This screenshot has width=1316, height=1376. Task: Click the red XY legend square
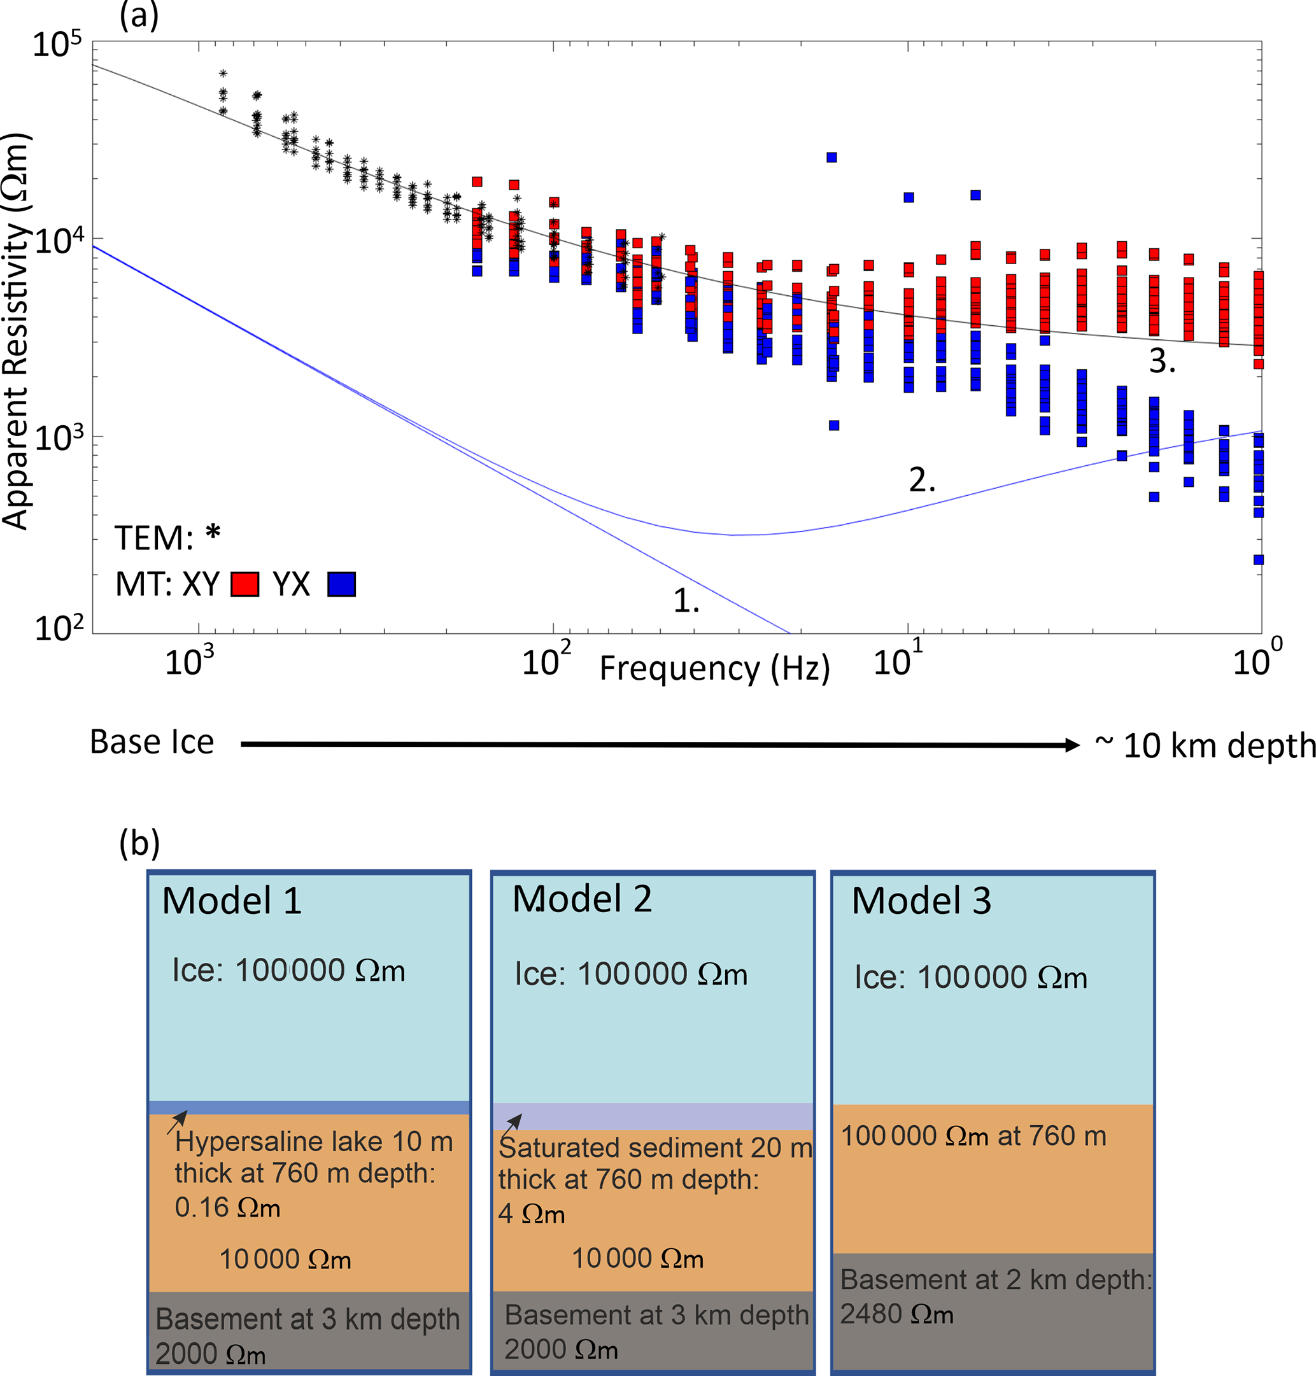click(245, 584)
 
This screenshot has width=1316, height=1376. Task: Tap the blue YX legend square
click(342, 584)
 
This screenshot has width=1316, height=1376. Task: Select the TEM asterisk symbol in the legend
click(213, 535)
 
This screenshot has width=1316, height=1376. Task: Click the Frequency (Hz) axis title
click(714, 668)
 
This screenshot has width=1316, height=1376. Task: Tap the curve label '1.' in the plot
click(686, 601)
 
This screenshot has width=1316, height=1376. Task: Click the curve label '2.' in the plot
click(922, 481)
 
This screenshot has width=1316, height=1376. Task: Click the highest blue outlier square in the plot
click(831, 158)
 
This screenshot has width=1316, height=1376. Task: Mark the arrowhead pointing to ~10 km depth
click(1071, 745)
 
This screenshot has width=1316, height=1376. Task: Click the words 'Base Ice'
click(152, 742)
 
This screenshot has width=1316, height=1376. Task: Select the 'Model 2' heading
click(581, 899)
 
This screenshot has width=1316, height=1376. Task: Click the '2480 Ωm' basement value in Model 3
click(896, 1314)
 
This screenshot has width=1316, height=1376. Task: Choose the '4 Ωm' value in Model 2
click(531, 1213)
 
